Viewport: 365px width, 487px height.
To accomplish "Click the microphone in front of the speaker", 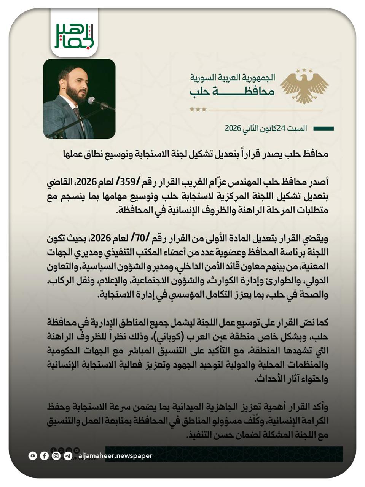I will click(x=92, y=100).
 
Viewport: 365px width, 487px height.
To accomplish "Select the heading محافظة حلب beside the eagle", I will click(x=232, y=92).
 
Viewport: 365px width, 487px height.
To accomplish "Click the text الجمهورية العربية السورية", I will click(x=233, y=78).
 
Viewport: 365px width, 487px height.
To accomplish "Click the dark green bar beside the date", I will click(x=323, y=129).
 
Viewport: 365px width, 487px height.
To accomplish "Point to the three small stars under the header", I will click(x=198, y=110).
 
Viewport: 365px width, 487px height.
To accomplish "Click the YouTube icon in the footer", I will click(x=33, y=455).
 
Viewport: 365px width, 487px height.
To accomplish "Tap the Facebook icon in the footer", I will click(x=45, y=455).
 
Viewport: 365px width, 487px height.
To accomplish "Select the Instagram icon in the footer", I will click(x=56, y=455).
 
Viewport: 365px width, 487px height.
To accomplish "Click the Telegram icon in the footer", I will click(x=68, y=455).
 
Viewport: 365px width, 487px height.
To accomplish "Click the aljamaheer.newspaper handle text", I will click(x=115, y=455).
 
